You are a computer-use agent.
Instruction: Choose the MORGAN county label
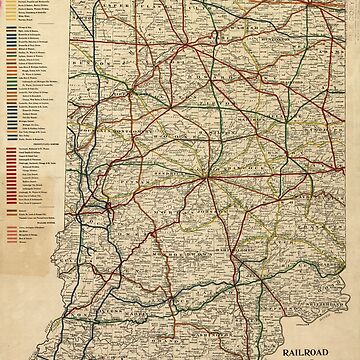pos(180,214)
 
